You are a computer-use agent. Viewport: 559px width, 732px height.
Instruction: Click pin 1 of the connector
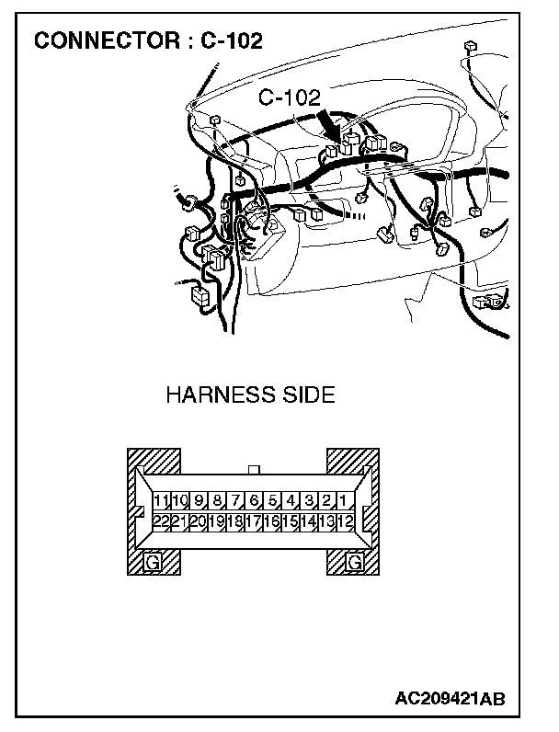(342, 502)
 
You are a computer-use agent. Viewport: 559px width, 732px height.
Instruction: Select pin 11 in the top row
(161, 502)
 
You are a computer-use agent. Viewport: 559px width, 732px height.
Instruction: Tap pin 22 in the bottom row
(161, 521)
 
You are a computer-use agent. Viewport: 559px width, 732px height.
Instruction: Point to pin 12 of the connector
(346, 521)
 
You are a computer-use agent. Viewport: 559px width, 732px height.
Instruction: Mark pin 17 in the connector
(253, 521)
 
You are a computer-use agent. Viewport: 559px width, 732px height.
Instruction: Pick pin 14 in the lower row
(308, 521)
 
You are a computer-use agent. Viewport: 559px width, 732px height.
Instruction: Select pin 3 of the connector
(308, 502)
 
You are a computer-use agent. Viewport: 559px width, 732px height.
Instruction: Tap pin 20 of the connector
(198, 521)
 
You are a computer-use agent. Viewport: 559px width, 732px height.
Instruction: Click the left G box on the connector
(153, 560)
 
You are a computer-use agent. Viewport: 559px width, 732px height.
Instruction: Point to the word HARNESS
(212, 396)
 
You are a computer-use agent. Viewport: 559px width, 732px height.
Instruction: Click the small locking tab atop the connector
(255, 469)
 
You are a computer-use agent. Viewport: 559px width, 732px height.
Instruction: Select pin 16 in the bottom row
(271, 521)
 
